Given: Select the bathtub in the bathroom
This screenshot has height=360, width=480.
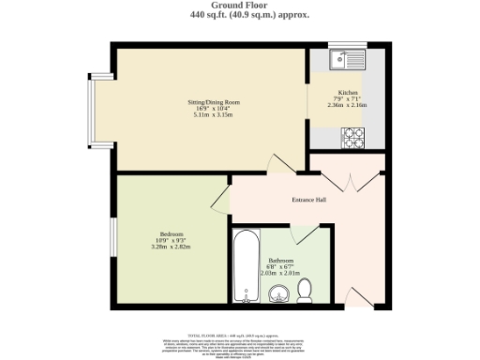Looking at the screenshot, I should [245, 266].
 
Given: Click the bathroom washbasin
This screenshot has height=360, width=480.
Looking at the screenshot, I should [278, 297].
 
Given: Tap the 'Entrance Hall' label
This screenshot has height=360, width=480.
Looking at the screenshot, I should [308, 200].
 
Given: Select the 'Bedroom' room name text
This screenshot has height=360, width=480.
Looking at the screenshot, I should [170, 233].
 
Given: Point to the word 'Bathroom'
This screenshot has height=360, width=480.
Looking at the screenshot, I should [281, 260].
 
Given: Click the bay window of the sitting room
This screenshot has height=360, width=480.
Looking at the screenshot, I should [91, 108].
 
